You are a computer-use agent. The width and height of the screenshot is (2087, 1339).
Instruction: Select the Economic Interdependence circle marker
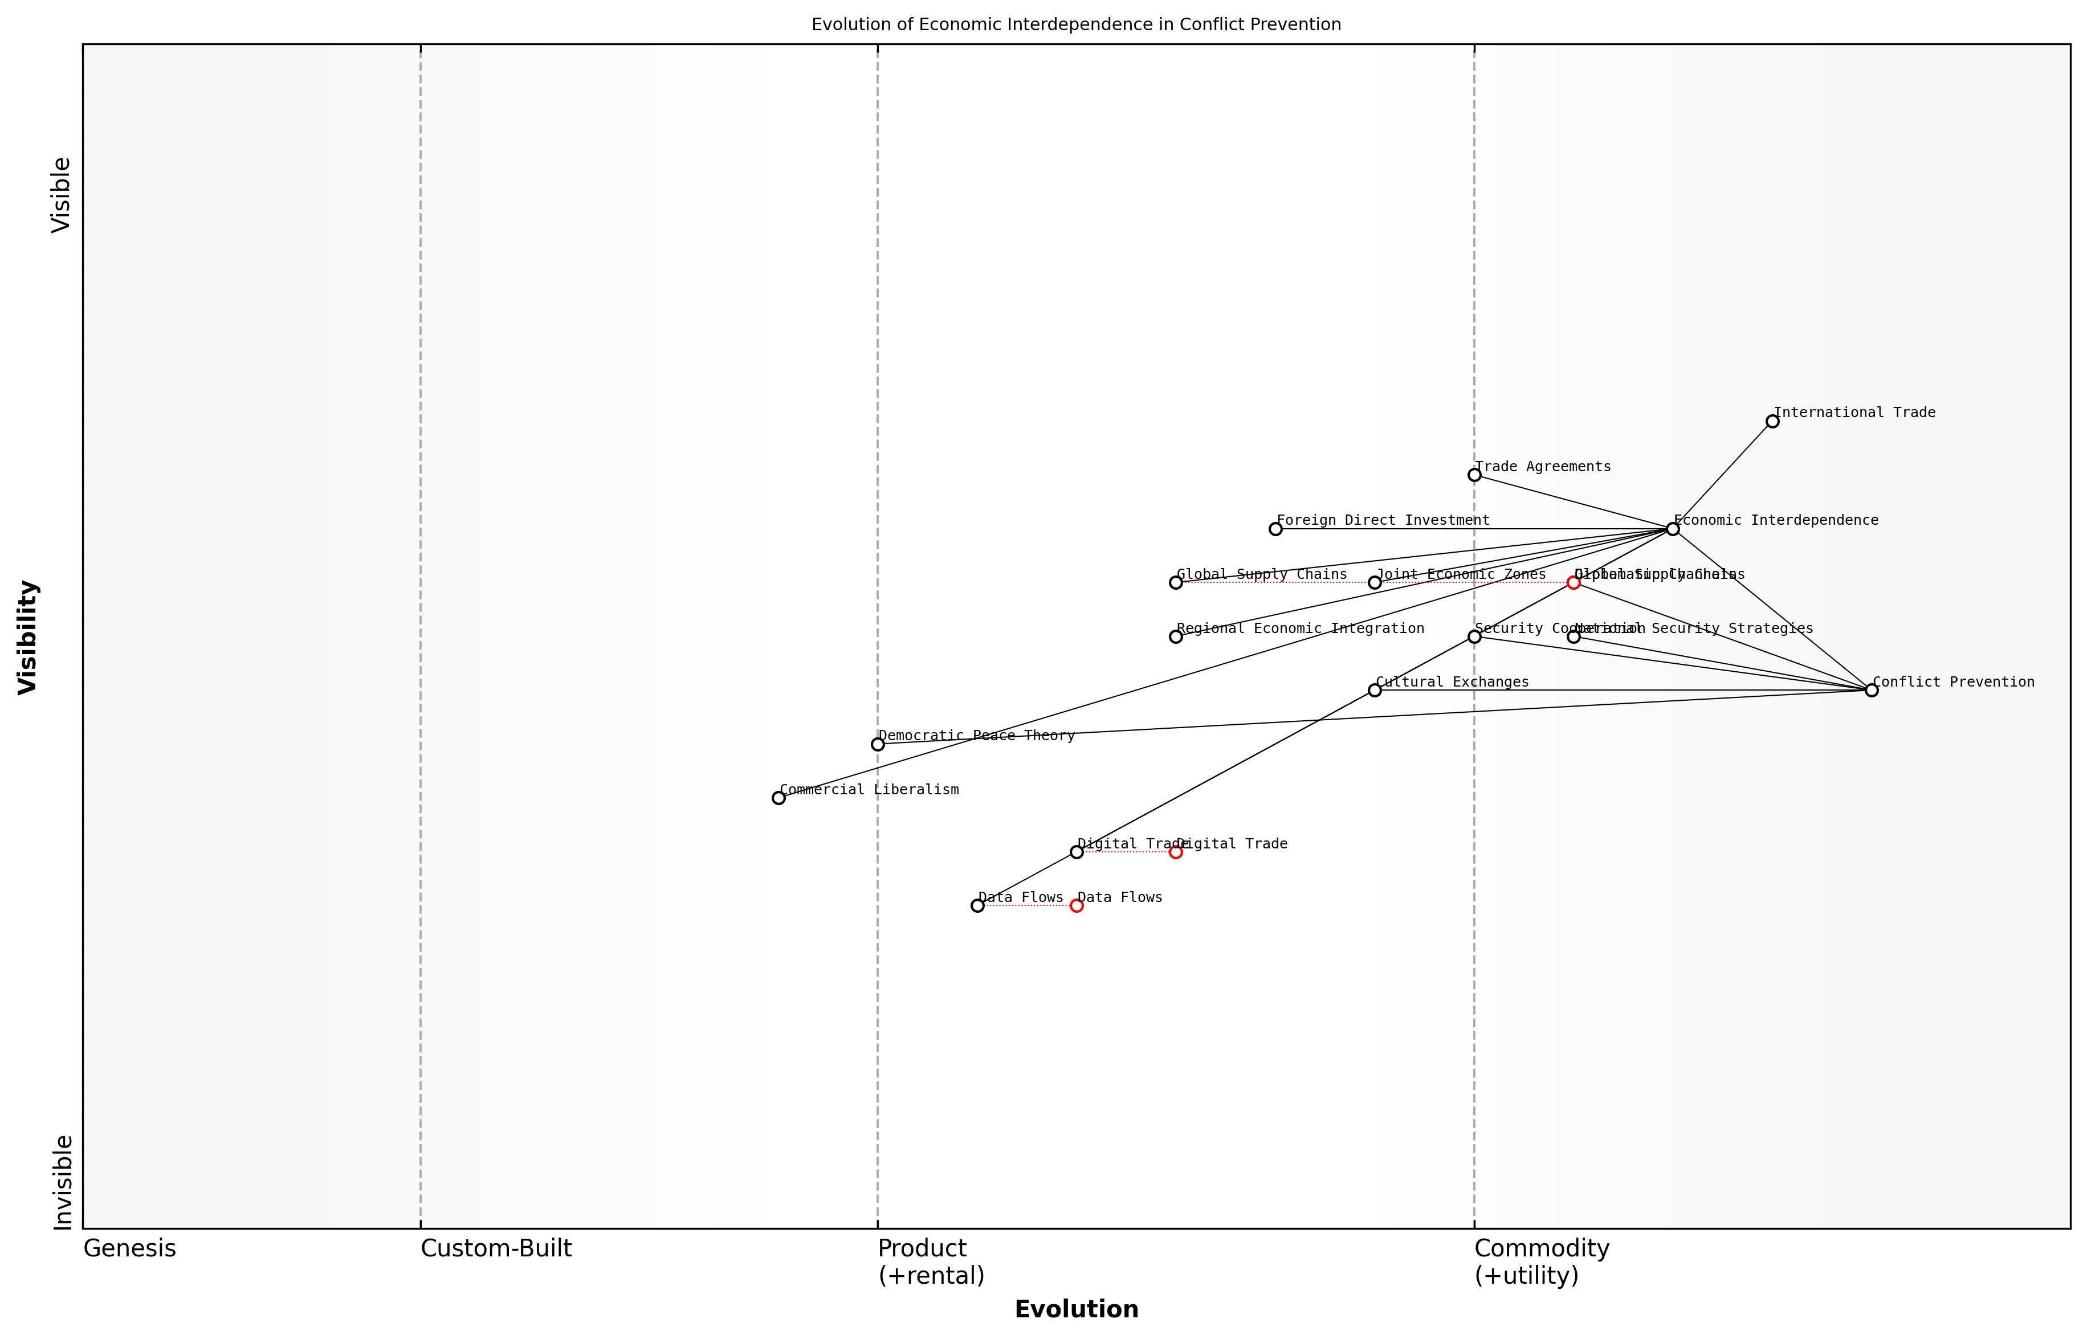[1672, 529]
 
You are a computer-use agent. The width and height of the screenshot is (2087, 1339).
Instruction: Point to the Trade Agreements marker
[1474, 475]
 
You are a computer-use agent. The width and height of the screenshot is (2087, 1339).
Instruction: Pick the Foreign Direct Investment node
[1275, 529]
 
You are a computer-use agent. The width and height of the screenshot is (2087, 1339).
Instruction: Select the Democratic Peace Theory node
[878, 744]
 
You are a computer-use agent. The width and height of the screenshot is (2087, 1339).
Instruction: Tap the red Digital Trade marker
[1176, 852]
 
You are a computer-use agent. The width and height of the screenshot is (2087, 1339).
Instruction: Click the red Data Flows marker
[1077, 906]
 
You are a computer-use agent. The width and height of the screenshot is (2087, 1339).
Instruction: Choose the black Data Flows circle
[977, 906]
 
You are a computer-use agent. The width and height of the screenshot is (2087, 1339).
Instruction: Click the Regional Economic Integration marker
[1176, 636]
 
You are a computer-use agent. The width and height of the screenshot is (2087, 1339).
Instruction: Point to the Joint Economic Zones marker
[1375, 582]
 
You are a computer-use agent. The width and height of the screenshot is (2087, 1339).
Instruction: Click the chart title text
[1075, 25]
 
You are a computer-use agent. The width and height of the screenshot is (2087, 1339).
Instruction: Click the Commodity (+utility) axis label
[1541, 1262]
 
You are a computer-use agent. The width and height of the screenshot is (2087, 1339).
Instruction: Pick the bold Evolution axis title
[1075, 1309]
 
